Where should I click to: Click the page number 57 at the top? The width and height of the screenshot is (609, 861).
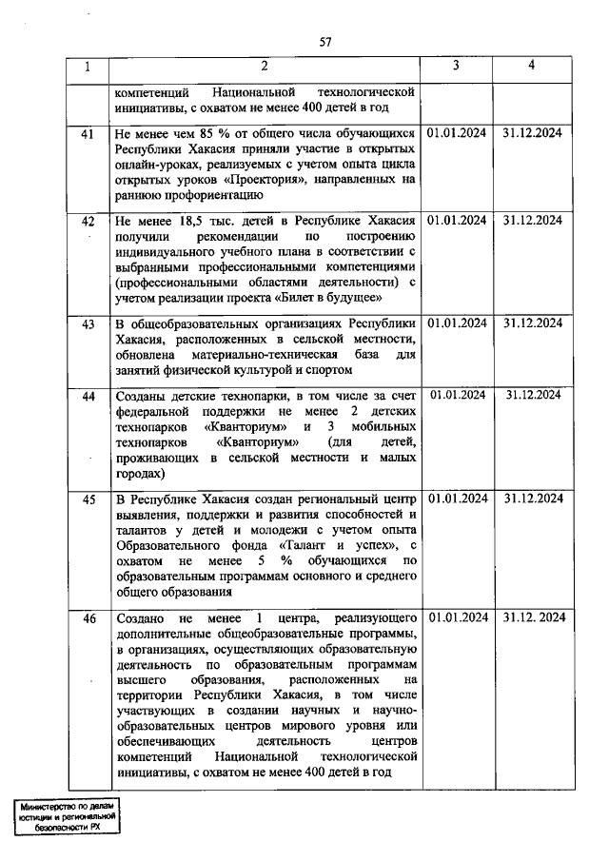pos(325,41)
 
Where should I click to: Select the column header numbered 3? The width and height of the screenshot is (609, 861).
pos(456,67)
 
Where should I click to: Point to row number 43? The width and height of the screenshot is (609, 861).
pos(88,324)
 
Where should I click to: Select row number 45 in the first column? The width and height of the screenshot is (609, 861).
pos(88,499)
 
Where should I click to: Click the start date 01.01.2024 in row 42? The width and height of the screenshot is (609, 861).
pos(457,221)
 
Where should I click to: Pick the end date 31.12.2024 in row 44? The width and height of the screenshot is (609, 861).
pos(533,395)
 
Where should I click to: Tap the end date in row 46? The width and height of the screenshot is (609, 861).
pos(533,618)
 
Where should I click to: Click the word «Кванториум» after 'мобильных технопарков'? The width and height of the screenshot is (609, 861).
pos(254,443)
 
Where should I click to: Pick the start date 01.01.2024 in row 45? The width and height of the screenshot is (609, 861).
pos(457,499)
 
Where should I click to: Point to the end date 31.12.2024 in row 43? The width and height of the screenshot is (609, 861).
pos(533,324)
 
